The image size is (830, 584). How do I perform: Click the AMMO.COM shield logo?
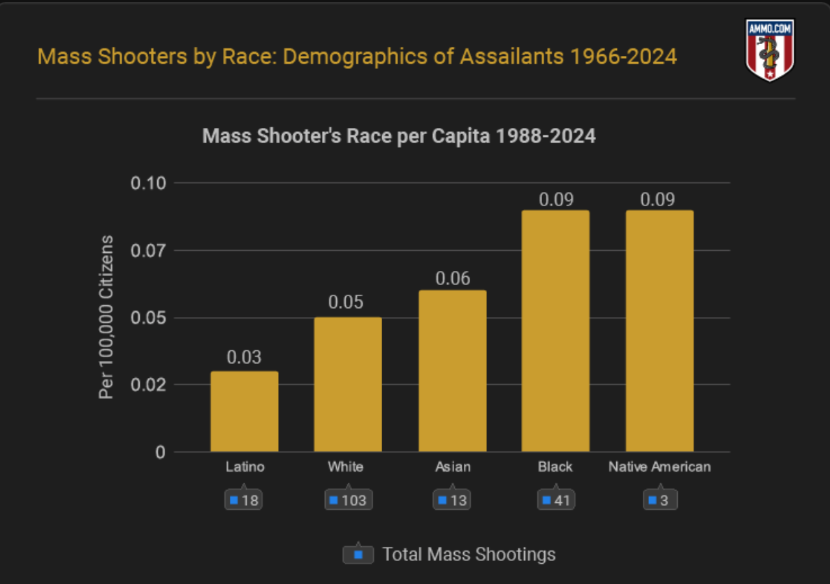tap(770, 50)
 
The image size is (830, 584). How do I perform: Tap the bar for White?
tap(348, 384)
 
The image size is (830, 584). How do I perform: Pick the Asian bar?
tap(452, 370)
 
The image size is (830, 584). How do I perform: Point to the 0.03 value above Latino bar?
tap(245, 358)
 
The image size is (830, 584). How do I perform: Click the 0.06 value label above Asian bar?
tap(452, 278)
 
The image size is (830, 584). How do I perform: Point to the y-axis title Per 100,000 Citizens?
tap(106, 318)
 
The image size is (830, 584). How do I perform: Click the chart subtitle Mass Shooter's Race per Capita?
tap(399, 136)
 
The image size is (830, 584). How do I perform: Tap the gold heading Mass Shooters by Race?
tap(357, 57)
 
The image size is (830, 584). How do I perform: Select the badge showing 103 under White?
tap(348, 501)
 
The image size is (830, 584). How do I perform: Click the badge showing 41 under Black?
tap(555, 501)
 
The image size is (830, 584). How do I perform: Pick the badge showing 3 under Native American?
tap(660, 501)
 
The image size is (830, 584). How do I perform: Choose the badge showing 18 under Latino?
tap(244, 501)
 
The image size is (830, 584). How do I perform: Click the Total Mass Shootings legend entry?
tap(450, 555)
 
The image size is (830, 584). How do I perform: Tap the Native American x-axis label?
tap(660, 467)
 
